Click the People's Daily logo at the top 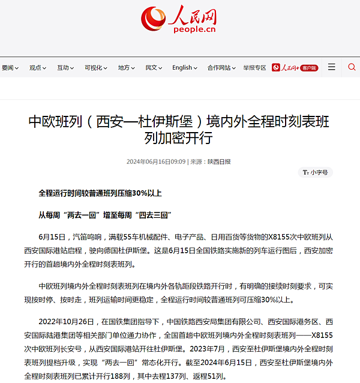[x=179, y=20]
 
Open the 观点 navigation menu [x=39, y=68]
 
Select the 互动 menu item [x=66, y=68]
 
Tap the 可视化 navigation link [x=96, y=68]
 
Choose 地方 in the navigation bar [x=127, y=68]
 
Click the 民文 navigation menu [x=154, y=68]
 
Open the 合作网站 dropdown [x=221, y=68]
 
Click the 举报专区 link [x=254, y=68]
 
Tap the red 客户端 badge [x=309, y=68]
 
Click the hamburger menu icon [x=331, y=67]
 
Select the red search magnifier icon [x=352, y=67]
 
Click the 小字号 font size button [x=316, y=172]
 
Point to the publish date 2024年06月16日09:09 [x=155, y=161]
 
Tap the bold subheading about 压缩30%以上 [x=100, y=193]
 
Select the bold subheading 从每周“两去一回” [x=106, y=214]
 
